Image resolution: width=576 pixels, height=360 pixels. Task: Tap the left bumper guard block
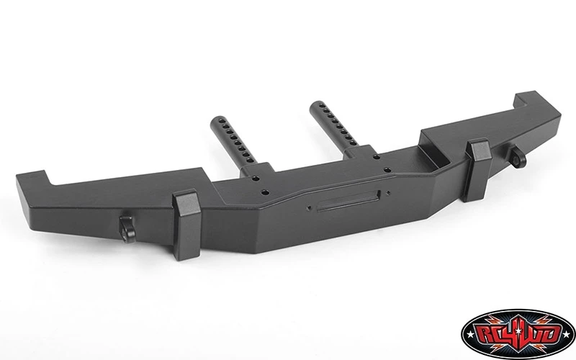(x=187, y=225)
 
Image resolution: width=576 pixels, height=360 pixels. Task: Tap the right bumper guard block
(x=478, y=170)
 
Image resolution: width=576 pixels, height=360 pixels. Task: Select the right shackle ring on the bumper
(x=518, y=157)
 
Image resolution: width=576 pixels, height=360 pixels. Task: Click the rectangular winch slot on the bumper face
(x=348, y=201)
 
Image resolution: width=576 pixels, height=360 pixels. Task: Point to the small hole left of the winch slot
(x=309, y=208)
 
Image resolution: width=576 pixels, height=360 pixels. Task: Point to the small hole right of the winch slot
(x=388, y=192)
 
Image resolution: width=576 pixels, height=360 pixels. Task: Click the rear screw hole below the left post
(x=256, y=179)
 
